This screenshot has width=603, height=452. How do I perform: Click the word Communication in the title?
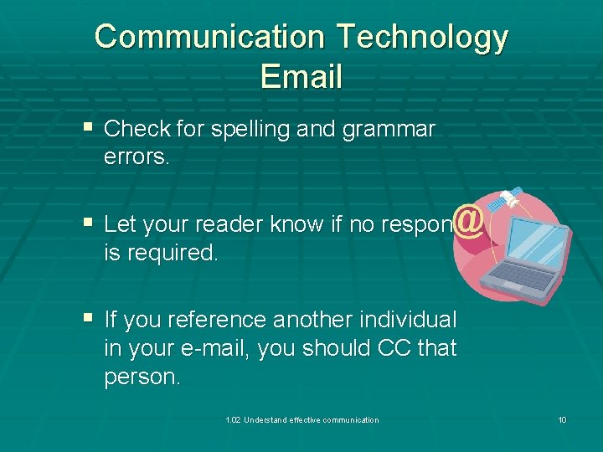pyautogui.click(x=209, y=38)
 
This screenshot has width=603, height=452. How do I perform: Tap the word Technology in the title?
pyautogui.click(x=422, y=38)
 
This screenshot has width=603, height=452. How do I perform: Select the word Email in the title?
pyautogui.click(x=301, y=76)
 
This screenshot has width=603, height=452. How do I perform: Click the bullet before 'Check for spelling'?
pyautogui.click(x=88, y=128)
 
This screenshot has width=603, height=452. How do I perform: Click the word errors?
pyautogui.click(x=137, y=157)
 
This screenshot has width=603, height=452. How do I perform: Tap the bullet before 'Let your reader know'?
pyautogui.click(x=88, y=223)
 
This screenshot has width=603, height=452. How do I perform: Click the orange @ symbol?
pyautogui.click(x=472, y=222)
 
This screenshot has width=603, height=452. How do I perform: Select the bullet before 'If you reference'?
pyautogui.click(x=88, y=319)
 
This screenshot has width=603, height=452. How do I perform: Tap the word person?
pyautogui.click(x=142, y=377)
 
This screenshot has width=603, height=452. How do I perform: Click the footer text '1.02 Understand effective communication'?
pyautogui.click(x=302, y=420)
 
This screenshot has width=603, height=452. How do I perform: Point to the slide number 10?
pyautogui.click(x=562, y=420)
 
